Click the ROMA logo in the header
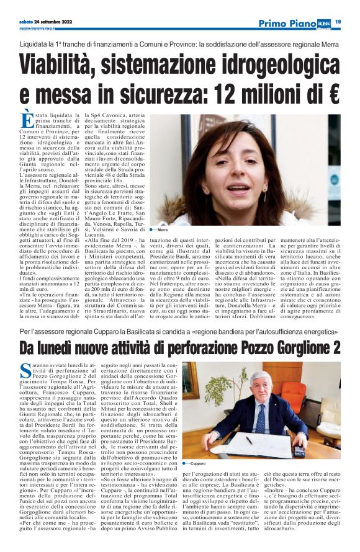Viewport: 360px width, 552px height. [323, 22]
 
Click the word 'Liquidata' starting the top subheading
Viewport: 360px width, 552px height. [37, 44]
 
